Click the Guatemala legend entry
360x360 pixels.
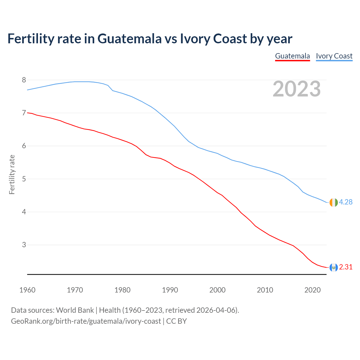click(x=292, y=56)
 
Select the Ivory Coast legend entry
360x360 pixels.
click(x=334, y=56)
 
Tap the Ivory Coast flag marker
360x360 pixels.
click(x=333, y=202)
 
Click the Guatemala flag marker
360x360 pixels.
click(x=333, y=267)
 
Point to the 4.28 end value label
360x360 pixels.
click(x=346, y=202)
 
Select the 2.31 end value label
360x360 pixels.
click(x=346, y=267)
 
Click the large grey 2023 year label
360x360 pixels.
click(x=296, y=89)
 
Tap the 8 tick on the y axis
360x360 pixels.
click(x=24, y=80)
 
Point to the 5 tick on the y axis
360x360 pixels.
click(x=24, y=179)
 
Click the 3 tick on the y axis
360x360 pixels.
click(x=24, y=245)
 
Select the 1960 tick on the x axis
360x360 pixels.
click(x=27, y=290)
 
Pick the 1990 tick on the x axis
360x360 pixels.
click(x=170, y=290)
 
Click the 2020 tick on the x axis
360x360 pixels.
click(x=312, y=290)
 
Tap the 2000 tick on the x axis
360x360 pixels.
click(x=217, y=290)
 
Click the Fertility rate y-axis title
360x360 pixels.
click(x=12, y=174)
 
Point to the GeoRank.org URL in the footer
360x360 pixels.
click(x=86, y=321)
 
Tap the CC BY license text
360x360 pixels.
click(x=176, y=321)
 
